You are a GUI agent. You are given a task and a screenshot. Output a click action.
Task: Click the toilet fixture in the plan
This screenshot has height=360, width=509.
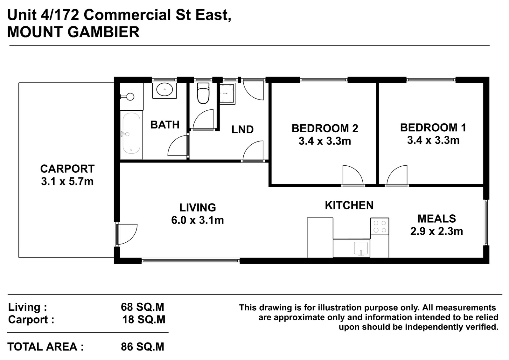point(203,93)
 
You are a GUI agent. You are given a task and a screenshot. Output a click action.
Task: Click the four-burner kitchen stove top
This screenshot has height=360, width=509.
point(380,226)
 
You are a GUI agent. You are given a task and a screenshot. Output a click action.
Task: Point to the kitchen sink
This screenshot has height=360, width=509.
point(361,249)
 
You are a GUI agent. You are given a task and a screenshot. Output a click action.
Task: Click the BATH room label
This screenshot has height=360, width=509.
point(165,125)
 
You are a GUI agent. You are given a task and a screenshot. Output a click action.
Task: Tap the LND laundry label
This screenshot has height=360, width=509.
point(242,129)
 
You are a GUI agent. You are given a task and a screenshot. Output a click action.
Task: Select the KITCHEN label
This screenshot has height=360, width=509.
point(349,205)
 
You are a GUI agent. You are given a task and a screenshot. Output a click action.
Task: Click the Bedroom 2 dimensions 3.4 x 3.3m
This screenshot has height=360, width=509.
point(325,141)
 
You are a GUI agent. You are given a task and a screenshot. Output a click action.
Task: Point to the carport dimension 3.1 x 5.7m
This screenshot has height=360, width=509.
point(67,182)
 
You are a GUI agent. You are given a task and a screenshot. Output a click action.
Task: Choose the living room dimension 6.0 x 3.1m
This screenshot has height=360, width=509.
point(198,220)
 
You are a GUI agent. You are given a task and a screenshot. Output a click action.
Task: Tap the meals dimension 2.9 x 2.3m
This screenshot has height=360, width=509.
point(436,232)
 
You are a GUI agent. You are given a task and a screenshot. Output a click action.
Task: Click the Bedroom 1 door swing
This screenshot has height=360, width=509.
point(397,175)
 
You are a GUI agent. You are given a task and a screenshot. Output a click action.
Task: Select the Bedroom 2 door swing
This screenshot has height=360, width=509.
point(353,175)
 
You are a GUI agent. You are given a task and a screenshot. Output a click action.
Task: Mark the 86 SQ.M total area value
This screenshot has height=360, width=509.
point(143,347)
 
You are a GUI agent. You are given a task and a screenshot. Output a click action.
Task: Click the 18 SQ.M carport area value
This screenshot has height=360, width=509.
point(143,320)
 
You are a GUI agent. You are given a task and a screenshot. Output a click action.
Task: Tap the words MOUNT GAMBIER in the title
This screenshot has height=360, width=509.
point(73,32)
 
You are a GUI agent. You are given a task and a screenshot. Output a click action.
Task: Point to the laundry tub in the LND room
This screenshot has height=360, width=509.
point(227,93)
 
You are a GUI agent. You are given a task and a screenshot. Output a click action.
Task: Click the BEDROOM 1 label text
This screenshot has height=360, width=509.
point(433,128)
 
